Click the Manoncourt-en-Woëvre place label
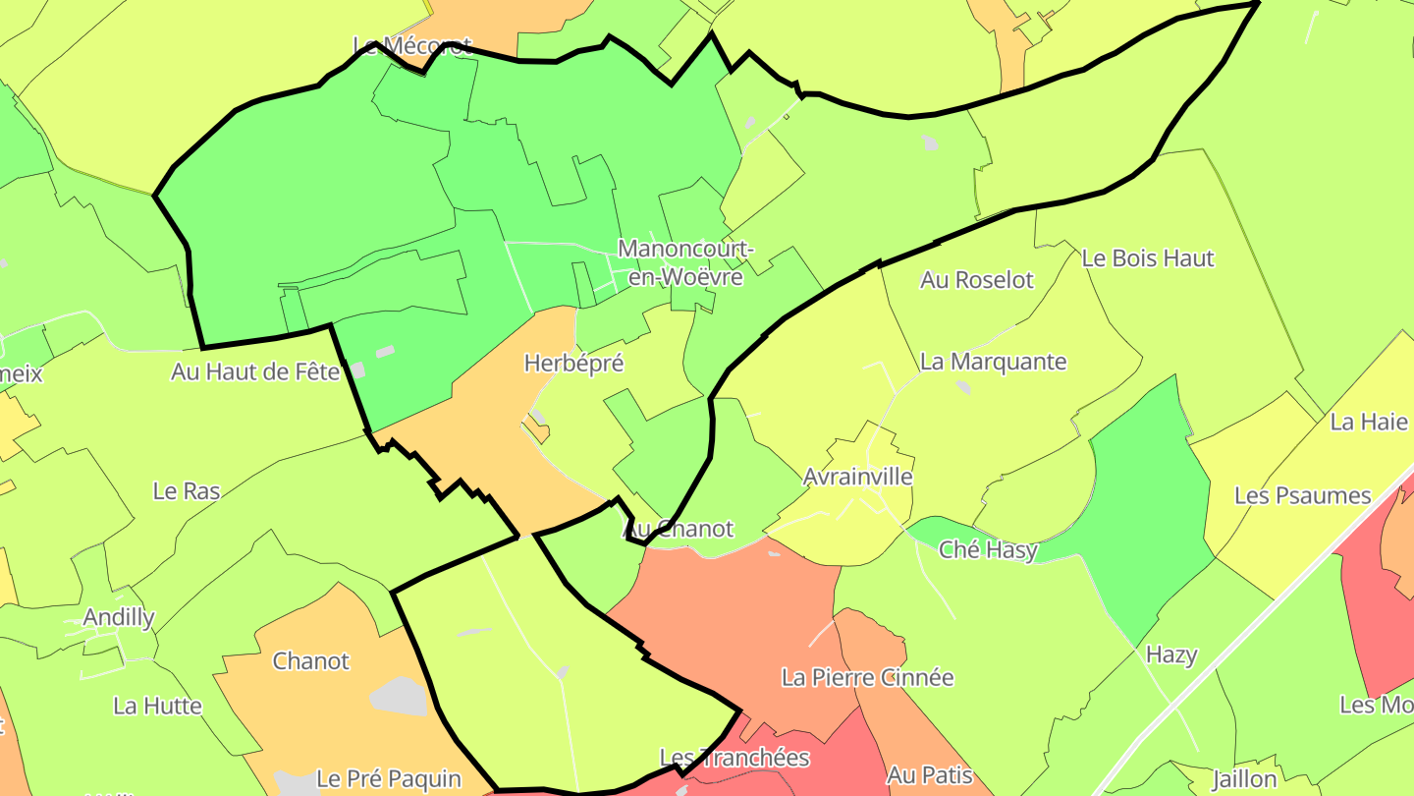click(685, 263)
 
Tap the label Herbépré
click(573, 363)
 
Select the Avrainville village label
click(857, 477)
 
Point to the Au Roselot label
click(976, 280)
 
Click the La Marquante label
click(993, 362)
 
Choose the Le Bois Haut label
click(1147, 258)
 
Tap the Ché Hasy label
click(988, 549)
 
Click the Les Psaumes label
click(1302, 495)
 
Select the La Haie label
click(1369, 422)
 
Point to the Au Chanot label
click(679, 529)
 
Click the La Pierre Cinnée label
click(867, 677)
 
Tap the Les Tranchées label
click(734, 758)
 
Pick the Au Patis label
click(929, 775)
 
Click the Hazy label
click(1171, 654)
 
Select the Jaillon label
click(1244, 779)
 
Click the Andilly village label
click(119, 617)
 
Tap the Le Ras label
click(187, 490)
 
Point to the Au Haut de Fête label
click(255, 372)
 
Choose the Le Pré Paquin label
click(389, 779)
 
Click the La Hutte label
click(157, 706)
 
